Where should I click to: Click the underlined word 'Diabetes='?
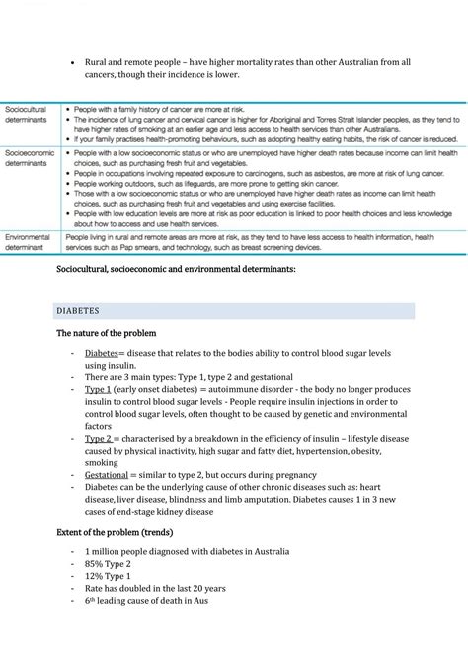pyautogui.click(x=103, y=353)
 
